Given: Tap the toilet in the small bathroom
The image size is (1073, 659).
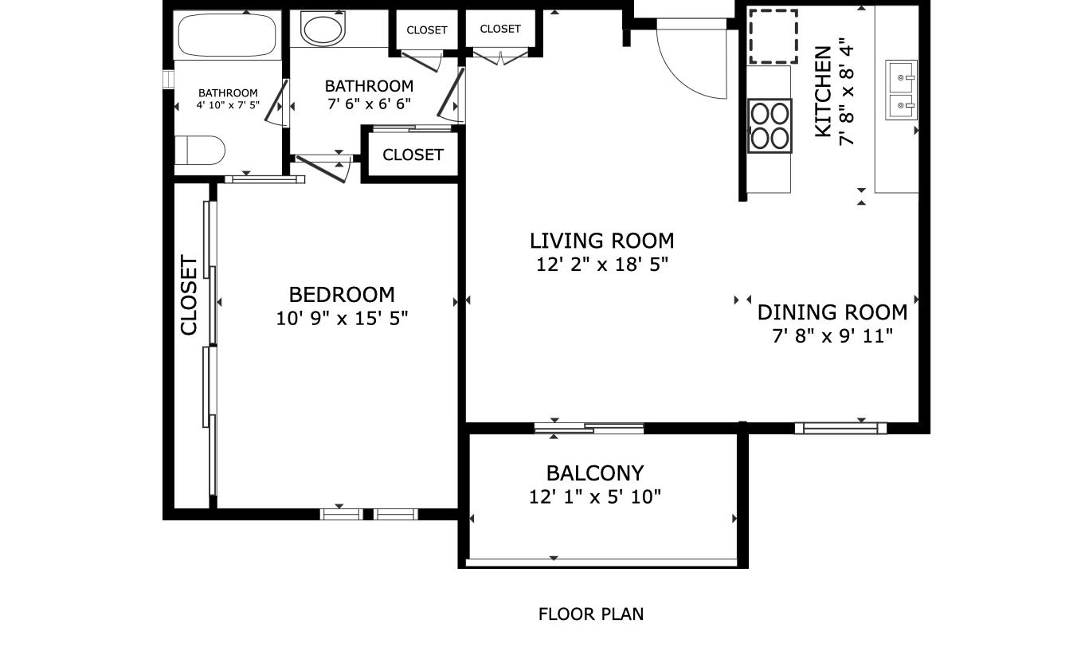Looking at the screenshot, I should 201,150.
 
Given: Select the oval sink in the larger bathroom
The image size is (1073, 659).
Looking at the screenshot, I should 323,29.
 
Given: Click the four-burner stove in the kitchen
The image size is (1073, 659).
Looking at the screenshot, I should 770,125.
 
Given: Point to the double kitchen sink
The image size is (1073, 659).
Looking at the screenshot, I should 902,89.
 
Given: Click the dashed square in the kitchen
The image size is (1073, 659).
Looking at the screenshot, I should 773,37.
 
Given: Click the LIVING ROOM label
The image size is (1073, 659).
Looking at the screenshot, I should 601,241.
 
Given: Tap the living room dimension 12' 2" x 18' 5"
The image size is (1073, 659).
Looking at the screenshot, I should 601,265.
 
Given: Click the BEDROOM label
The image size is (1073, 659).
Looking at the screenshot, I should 342,295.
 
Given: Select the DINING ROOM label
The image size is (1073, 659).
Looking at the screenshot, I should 832,312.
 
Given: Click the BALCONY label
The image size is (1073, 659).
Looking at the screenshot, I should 595,473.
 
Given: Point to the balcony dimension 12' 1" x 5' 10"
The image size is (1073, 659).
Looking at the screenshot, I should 595,497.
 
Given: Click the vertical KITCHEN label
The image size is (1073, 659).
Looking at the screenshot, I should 823,92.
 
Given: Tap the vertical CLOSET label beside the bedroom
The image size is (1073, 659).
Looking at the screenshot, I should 189,295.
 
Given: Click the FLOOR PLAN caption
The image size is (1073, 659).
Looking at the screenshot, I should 591,614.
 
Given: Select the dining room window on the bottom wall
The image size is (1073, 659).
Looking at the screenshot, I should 840,428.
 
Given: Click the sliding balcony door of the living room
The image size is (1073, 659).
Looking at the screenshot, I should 589,429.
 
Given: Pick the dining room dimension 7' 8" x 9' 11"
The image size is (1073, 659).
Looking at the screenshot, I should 832,336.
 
